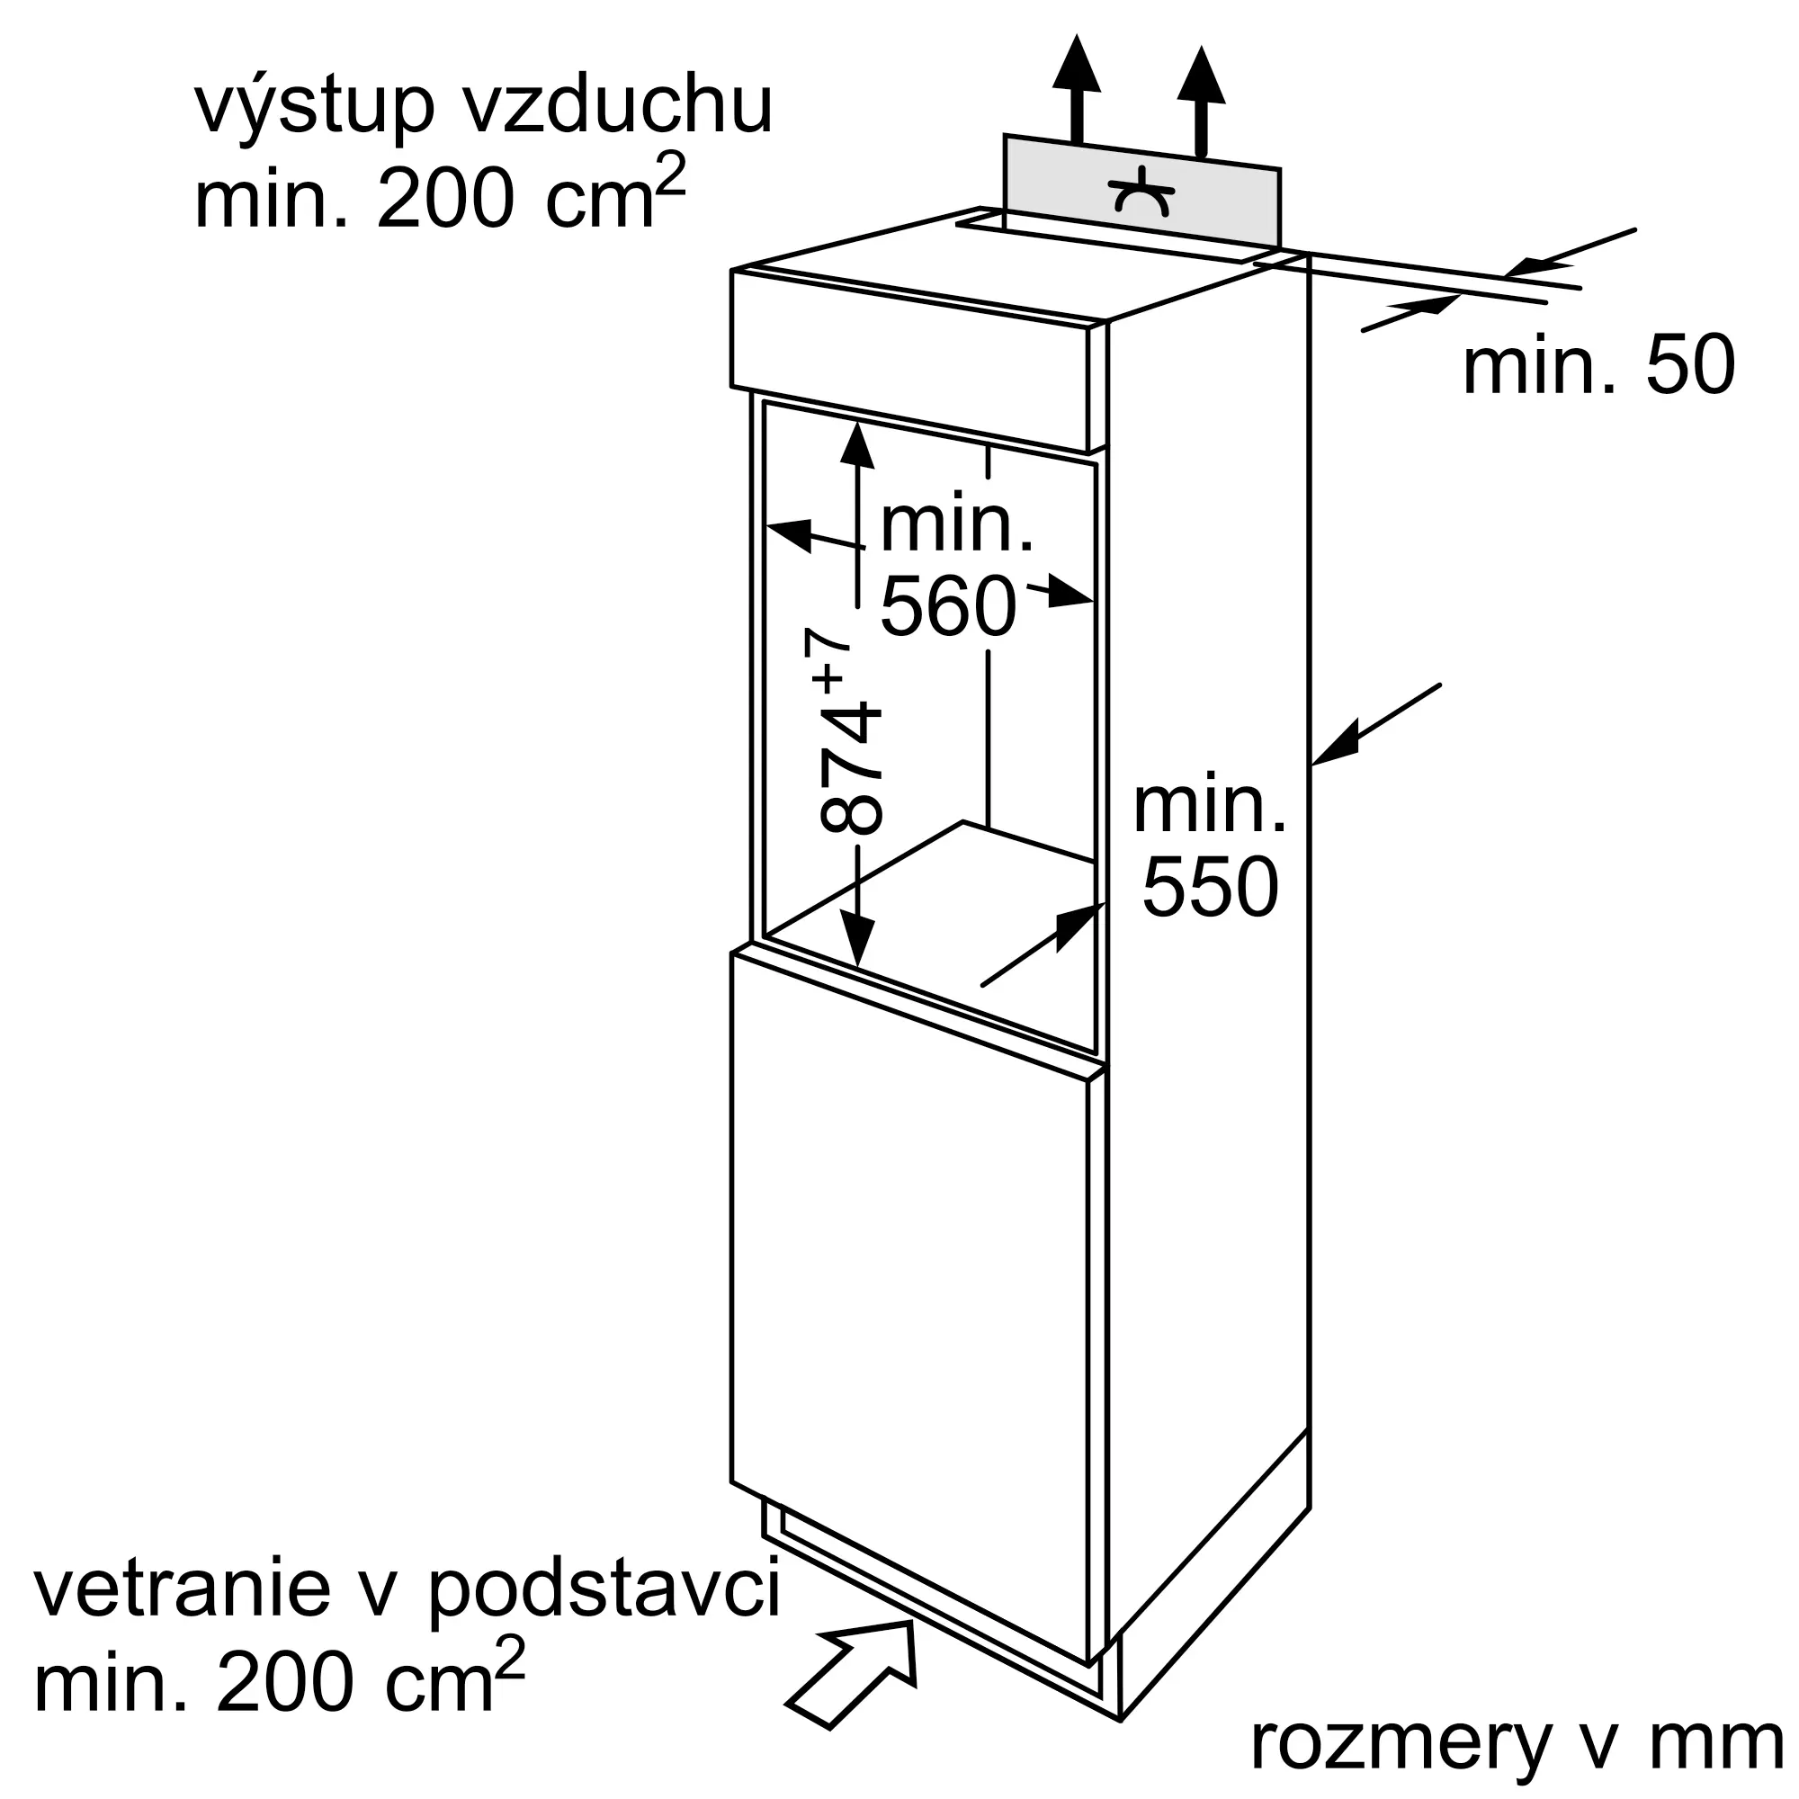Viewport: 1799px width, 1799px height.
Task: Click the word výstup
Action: pyautogui.click(x=314, y=107)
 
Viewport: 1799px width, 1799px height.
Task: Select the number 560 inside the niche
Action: pyautogui.click(x=947, y=606)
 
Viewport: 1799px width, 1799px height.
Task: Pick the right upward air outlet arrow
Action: pyautogui.click(x=1200, y=98)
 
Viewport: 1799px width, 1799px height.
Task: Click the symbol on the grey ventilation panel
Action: pyautogui.click(x=1141, y=191)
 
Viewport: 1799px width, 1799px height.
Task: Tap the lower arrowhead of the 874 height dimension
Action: pyautogui.click(x=856, y=941)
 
